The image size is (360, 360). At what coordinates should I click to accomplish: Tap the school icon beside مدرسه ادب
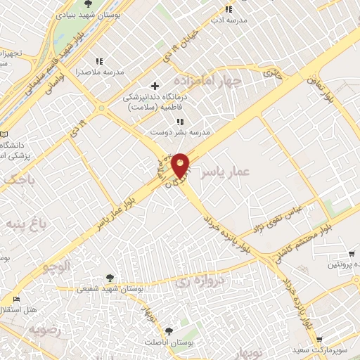pyautogui.click(x=228, y=9)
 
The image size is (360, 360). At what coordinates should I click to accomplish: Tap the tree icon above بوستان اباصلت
pyautogui.click(x=167, y=330)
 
